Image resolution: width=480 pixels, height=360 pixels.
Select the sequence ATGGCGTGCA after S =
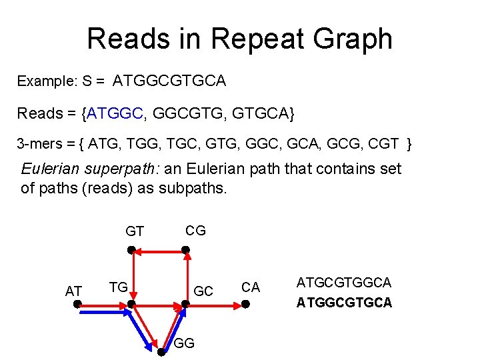169,81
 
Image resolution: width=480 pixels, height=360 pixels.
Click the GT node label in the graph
135,231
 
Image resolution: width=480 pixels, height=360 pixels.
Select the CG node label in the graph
195,231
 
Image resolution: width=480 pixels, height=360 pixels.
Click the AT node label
73,291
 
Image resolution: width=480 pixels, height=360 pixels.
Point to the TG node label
119,287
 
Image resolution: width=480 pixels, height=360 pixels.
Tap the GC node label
203,291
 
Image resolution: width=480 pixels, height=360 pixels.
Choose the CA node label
251,287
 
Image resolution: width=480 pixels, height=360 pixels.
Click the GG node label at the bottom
184,343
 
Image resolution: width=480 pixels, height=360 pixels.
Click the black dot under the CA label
245,305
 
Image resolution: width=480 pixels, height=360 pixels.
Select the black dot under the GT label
132,251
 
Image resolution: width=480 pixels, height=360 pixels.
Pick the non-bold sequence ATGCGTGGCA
344,283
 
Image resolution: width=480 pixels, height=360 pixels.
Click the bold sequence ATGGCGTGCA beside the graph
344,303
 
